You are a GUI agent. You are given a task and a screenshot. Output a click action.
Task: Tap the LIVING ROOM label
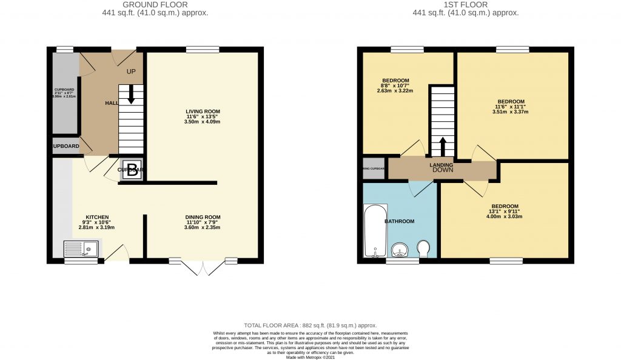pyautogui.click(x=203, y=112)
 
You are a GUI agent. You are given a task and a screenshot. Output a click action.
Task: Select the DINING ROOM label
pyautogui.click(x=203, y=217)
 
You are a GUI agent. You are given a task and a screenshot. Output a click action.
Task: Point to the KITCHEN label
pyautogui.click(x=97, y=217)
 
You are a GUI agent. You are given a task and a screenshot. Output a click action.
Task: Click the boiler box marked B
pyautogui.click(x=132, y=169)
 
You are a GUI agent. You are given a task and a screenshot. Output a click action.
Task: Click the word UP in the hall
pyautogui.click(x=130, y=72)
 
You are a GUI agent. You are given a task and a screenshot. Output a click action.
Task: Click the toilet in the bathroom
pyautogui.click(x=425, y=248)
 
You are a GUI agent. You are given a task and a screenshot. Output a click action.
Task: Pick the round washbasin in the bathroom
pyautogui.click(x=400, y=249)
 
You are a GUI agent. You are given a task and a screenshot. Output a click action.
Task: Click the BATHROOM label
pyautogui.click(x=400, y=221)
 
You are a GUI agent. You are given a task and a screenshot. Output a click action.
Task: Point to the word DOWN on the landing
pyautogui.click(x=442, y=171)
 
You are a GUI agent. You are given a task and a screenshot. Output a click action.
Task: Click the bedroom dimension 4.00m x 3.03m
pyautogui.click(x=505, y=216)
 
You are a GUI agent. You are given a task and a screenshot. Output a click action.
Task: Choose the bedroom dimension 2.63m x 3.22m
pyautogui.click(x=395, y=91)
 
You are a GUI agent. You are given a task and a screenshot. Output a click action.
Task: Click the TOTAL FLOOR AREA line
pyautogui.click(x=310, y=325)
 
